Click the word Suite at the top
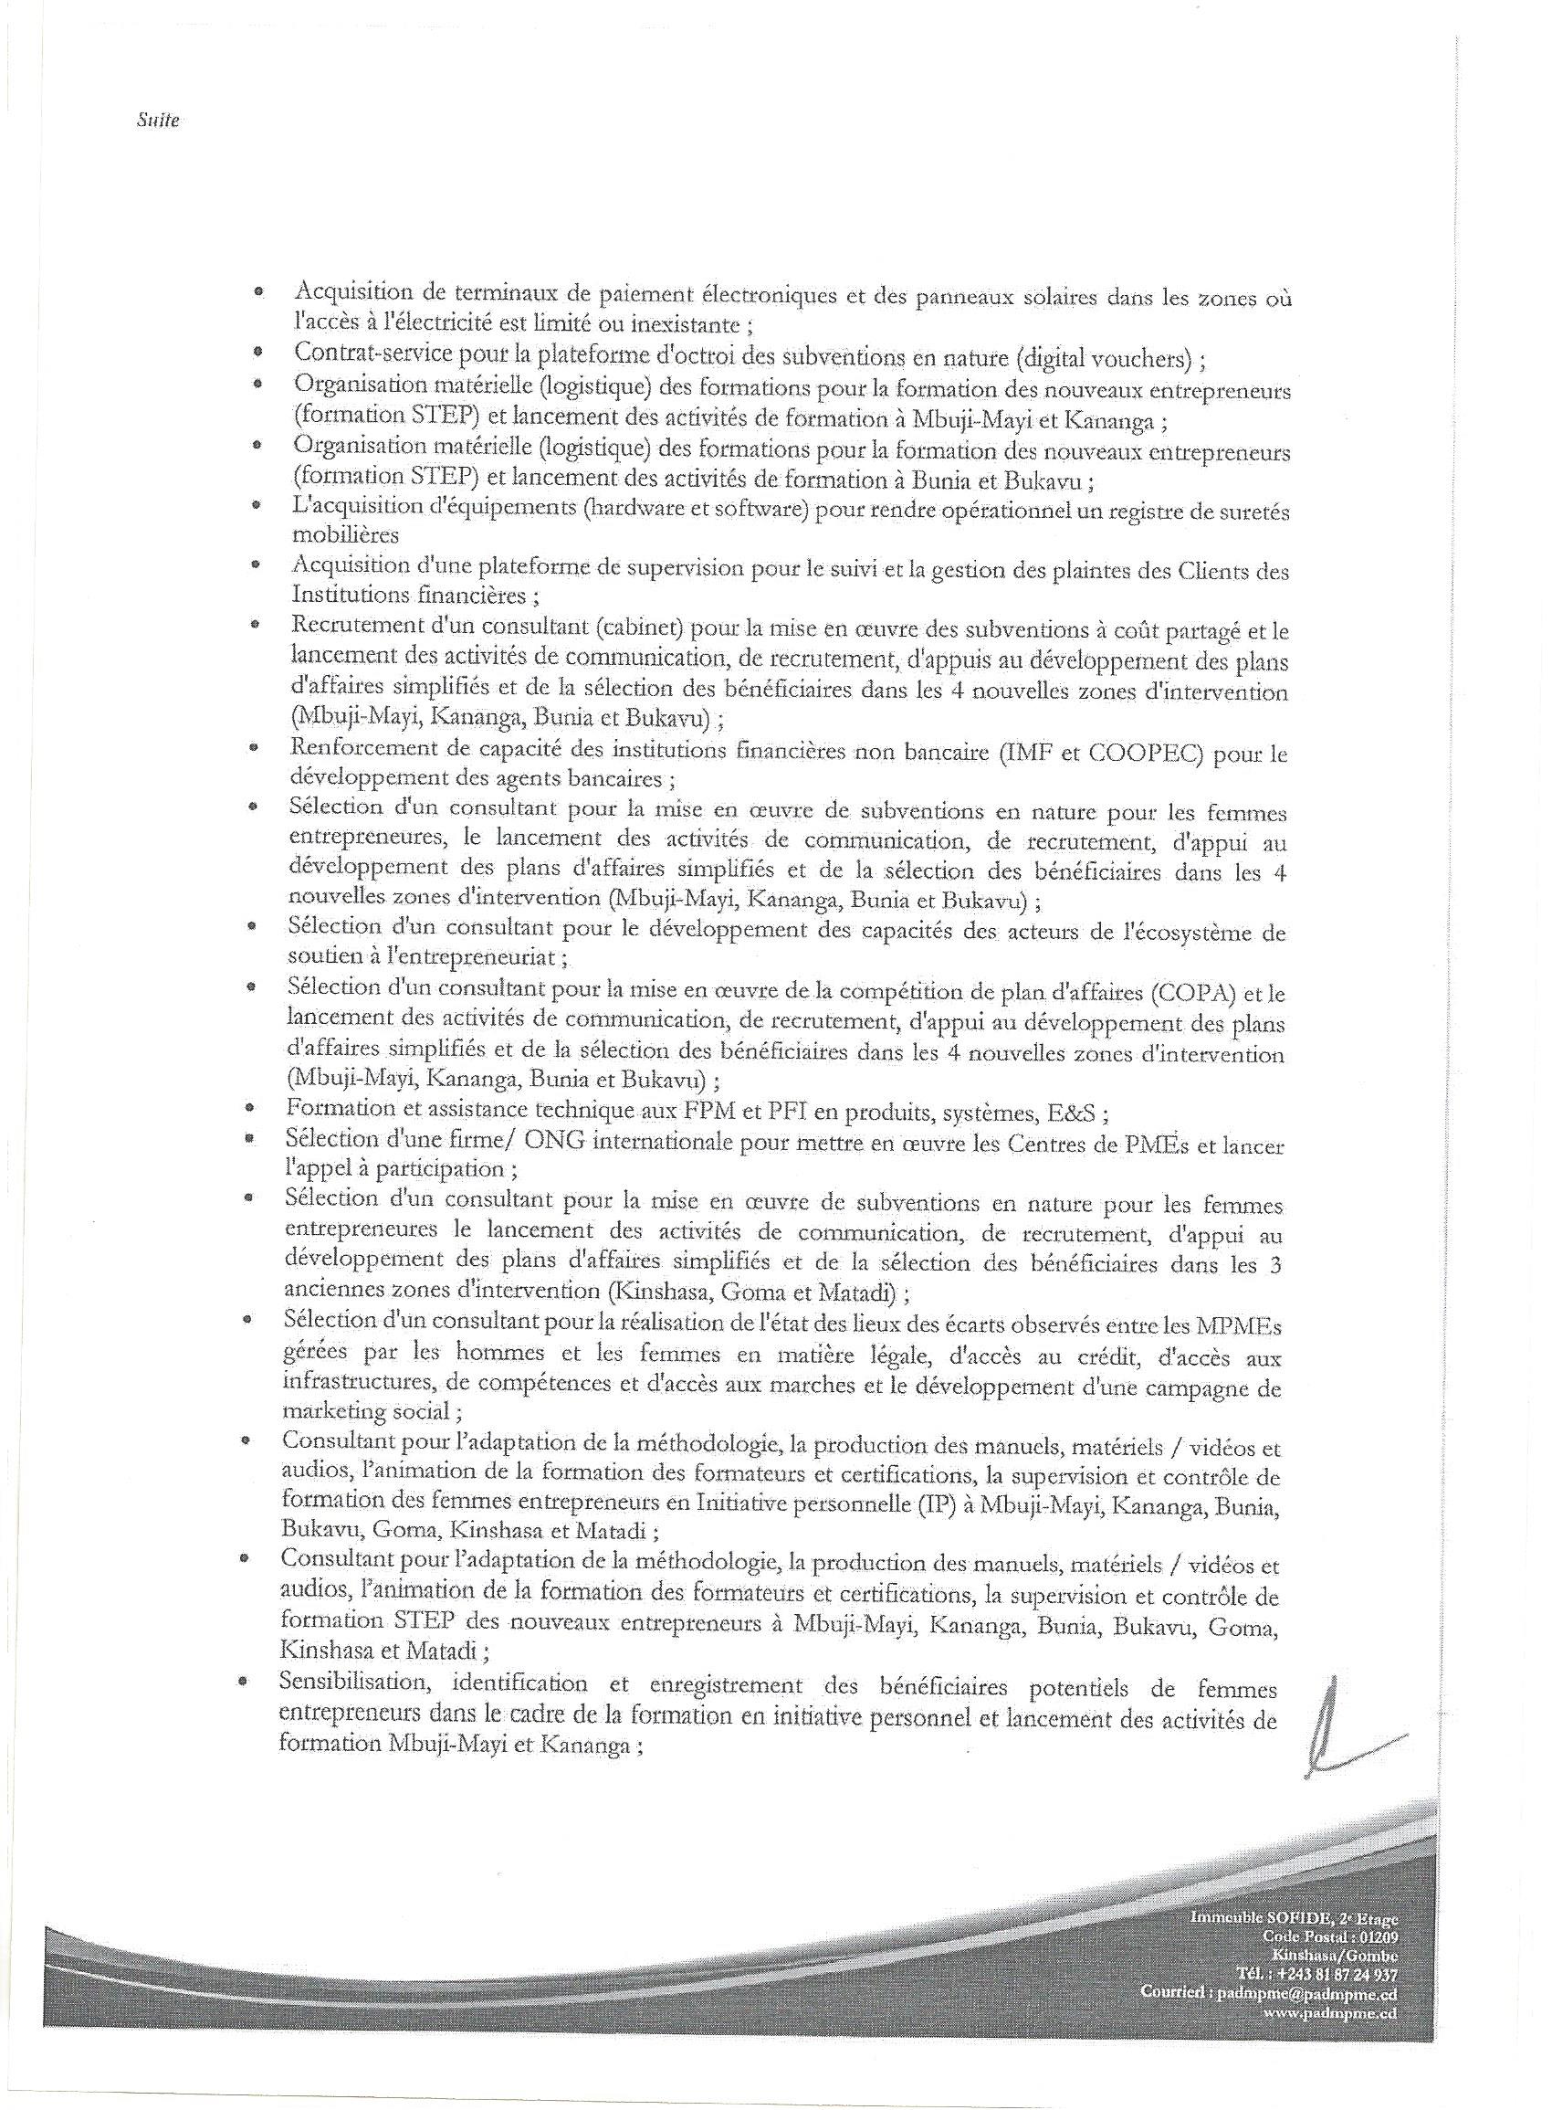coord(157,121)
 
